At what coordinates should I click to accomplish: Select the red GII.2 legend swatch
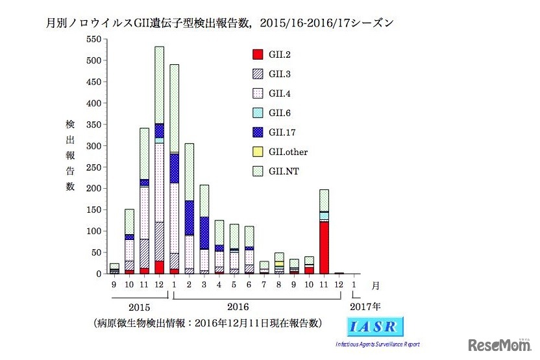[x=257, y=54]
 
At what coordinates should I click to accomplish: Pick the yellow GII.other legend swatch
[x=257, y=152]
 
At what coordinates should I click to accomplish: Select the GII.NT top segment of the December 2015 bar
[x=159, y=84]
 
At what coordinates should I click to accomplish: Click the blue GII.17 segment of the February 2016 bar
[x=190, y=217]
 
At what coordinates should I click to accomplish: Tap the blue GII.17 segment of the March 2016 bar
[x=204, y=233]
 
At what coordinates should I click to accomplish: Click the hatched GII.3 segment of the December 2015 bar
[x=159, y=241]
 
